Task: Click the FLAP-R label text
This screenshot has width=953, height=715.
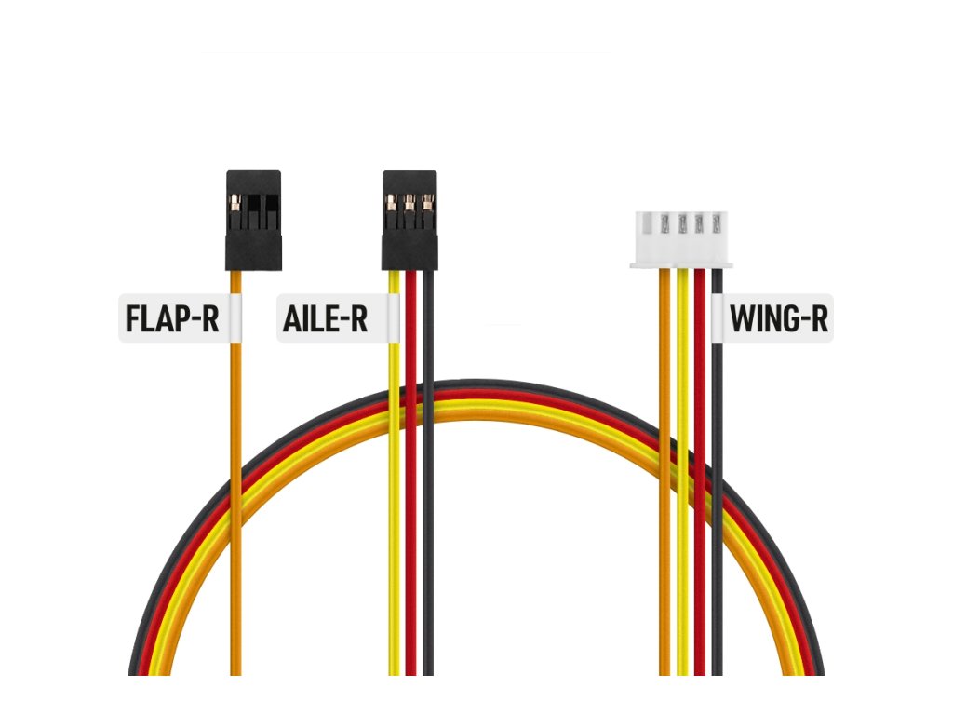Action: tap(172, 318)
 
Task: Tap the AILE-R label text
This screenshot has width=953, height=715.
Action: tap(325, 318)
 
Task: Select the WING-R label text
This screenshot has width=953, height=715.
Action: tap(778, 318)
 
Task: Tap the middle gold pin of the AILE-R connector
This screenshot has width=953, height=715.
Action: tap(409, 200)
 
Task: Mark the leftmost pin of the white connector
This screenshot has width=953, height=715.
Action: tap(664, 223)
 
